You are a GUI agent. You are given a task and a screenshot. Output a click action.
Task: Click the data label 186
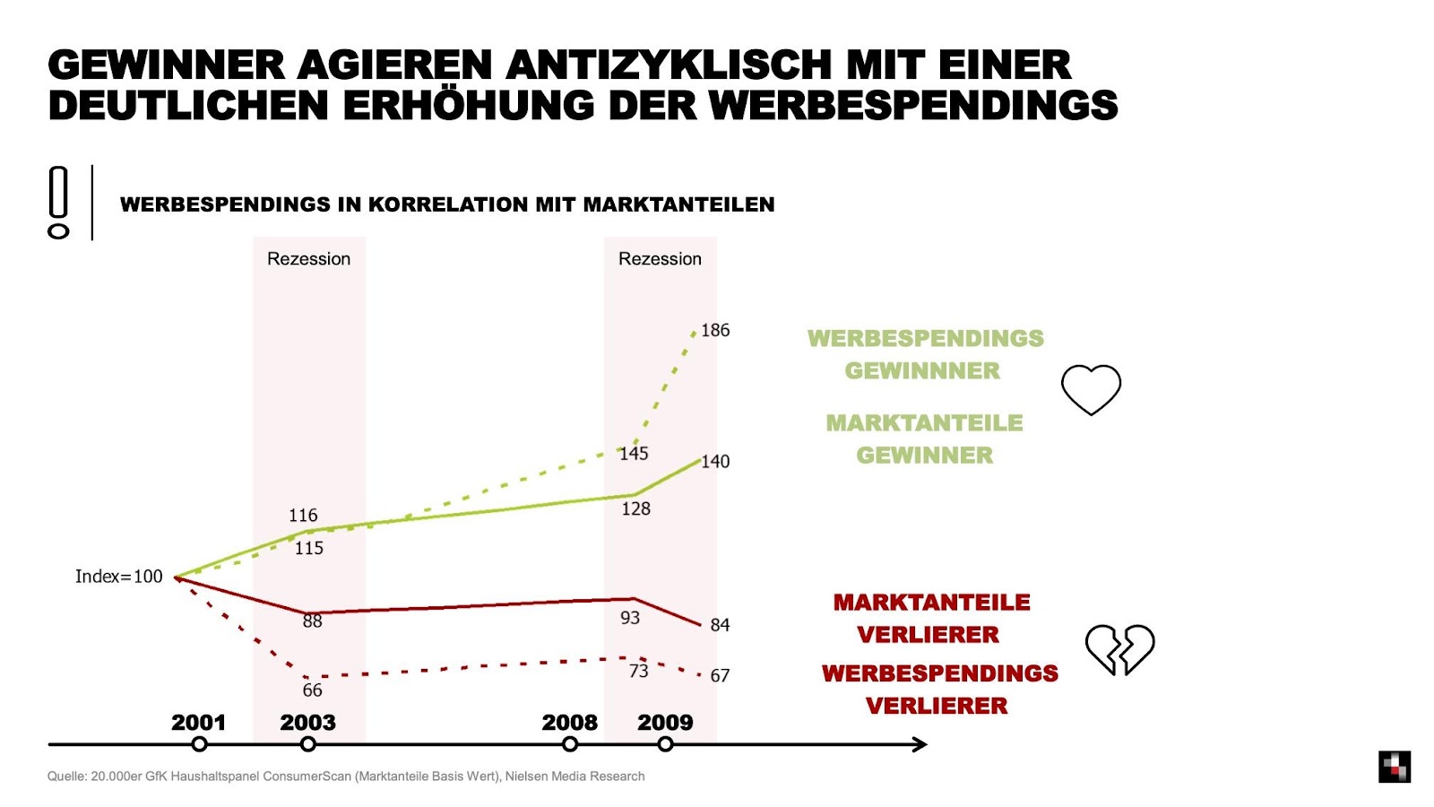pyautogui.click(x=715, y=330)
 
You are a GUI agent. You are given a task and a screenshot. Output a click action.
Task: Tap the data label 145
pyautogui.click(x=634, y=454)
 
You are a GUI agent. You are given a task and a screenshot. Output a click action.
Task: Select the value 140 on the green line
pyautogui.click(x=715, y=462)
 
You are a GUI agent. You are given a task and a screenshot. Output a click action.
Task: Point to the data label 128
pyautogui.click(x=635, y=508)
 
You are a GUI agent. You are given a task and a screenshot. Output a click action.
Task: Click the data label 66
pyautogui.click(x=312, y=690)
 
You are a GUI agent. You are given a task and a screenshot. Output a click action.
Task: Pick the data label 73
pyautogui.click(x=638, y=671)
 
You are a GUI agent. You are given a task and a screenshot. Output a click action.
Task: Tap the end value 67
pyautogui.click(x=720, y=675)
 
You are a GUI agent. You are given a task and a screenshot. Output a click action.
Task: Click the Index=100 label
pyautogui.click(x=119, y=577)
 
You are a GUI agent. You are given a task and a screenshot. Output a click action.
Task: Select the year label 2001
pyautogui.click(x=198, y=723)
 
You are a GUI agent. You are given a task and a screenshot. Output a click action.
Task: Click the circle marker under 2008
pyautogui.click(x=570, y=744)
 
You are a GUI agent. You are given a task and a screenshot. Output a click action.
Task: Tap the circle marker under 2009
pyautogui.click(x=665, y=744)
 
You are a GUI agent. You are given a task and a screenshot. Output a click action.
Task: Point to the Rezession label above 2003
pyautogui.click(x=308, y=259)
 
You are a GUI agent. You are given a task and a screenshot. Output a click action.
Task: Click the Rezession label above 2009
pyautogui.click(x=660, y=259)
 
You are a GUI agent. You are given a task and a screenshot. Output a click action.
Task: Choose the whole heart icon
pyautogui.click(x=1091, y=389)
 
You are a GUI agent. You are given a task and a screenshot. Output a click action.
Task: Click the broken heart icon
pyautogui.click(x=1119, y=648)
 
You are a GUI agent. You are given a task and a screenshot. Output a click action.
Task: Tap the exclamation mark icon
pyautogui.click(x=58, y=203)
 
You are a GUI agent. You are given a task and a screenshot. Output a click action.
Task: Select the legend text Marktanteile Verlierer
pyautogui.click(x=930, y=619)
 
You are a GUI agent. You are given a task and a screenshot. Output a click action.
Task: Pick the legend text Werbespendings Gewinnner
pyautogui.click(x=925, y=354)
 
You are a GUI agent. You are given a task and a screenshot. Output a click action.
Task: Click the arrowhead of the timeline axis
pyautogui.click(x=920, y=744)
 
